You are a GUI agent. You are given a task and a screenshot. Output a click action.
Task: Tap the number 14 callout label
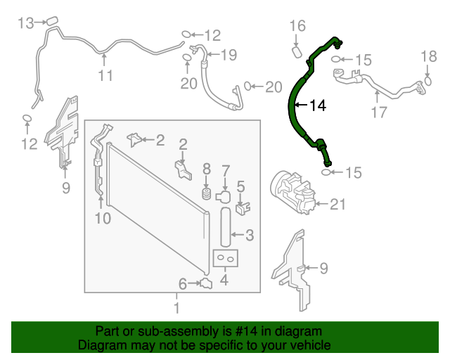318,105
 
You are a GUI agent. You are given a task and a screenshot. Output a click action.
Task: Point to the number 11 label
105,76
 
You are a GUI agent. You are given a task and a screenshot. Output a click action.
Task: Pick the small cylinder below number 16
297,52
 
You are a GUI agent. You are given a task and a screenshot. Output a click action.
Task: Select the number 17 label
378,112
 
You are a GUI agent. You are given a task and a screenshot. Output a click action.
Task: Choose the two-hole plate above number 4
226,259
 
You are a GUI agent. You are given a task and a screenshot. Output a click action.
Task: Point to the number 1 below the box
176,307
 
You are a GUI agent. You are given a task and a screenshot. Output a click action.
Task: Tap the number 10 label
103,219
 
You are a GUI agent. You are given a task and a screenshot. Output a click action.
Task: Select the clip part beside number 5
243,208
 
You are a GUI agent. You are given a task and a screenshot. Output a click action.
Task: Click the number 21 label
338,205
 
